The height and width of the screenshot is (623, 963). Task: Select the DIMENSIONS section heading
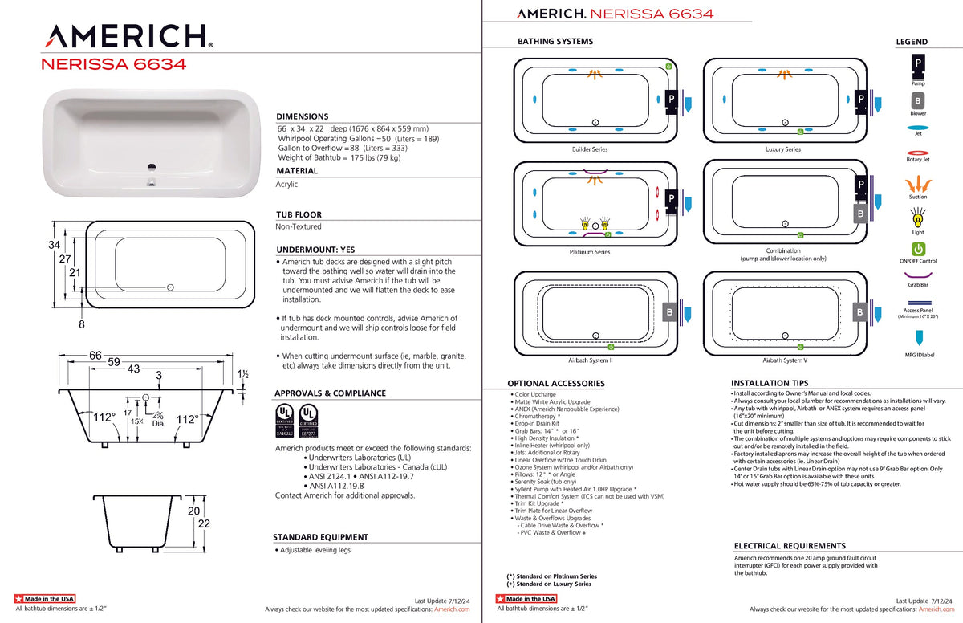coord(302,116)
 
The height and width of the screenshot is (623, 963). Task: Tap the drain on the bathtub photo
coord(148,168)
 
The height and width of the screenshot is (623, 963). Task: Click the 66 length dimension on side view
coord(95,355)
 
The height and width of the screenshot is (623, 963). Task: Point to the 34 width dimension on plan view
coord(55,245)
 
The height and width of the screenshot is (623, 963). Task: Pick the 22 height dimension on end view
coord(204,523)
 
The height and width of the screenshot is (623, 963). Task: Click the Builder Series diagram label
coord(590,149)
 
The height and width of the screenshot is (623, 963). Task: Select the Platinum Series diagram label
coord(590,252)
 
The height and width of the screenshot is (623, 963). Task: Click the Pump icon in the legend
coord(918,63)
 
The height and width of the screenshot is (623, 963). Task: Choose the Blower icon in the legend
coord(918,101)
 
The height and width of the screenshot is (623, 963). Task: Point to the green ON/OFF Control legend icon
coord(918,250)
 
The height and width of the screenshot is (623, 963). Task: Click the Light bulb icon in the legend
coord(918,218)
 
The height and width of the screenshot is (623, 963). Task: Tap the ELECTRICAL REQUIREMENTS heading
coord(790,546)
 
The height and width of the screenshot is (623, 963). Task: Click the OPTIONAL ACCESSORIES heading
coord(555,384)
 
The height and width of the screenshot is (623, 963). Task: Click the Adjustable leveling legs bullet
coord(315,550)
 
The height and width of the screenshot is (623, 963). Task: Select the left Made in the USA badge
coord(45,599)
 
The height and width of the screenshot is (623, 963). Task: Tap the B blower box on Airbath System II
coord(670,311)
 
